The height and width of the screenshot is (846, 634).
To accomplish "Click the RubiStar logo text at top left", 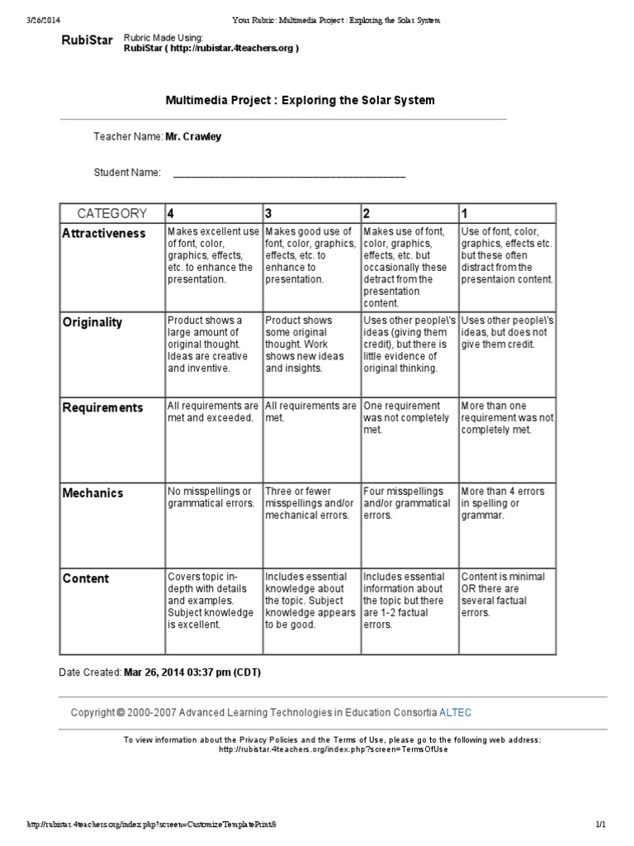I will coord(88,42).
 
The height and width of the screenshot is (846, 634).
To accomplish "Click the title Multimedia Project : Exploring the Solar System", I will coord(300,100).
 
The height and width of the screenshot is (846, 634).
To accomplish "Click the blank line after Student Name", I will coord(289,173).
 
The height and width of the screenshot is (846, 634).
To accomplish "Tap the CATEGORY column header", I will coord(112,213).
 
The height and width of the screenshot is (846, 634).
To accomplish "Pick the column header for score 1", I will coord(465,213).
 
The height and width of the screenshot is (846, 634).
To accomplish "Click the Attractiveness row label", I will coord(104,234).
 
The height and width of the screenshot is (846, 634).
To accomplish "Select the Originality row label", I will coord(92,322).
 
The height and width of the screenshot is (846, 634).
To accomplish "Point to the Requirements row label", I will coord(103,407).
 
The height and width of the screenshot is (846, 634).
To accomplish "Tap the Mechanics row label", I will coord(93,493).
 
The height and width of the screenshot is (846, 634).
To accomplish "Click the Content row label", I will coord(86,578).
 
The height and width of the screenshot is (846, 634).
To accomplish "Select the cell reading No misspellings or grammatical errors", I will coord(213,497).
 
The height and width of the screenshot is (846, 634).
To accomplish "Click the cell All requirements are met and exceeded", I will coord(213,411).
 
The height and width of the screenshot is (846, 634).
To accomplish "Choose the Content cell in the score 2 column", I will coord(408,601).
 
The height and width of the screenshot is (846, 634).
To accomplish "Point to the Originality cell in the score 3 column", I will coord(310,344).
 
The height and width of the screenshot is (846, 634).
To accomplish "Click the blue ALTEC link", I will coord(456,712).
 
